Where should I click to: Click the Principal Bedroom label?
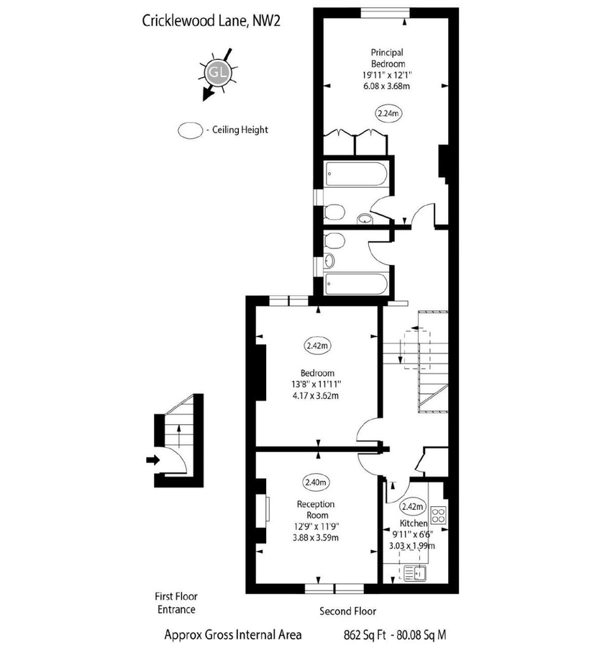[387, 58]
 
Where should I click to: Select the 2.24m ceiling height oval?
[388, 112]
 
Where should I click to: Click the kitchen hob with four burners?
[437, 515]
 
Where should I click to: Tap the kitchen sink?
[415, 573]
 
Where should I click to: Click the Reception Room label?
[317, 510]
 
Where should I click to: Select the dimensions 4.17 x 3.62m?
[317, 395]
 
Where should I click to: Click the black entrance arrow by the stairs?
[152, 459]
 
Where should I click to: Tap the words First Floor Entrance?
[176, 603]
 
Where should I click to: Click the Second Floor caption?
[348, 611]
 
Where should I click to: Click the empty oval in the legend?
[191, 130]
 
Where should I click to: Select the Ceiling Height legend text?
[237, 130]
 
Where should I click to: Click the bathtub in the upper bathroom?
[357, 174]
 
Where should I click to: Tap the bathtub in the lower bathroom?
[357, 283]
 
